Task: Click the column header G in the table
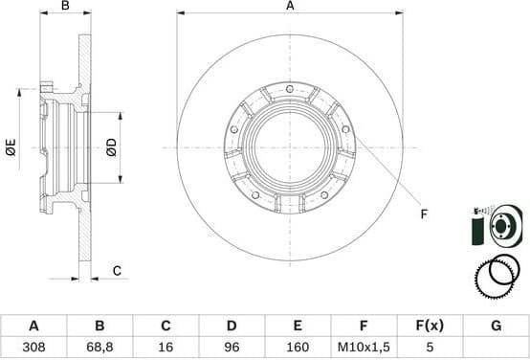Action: point(496,326)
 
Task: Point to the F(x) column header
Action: point(430,326)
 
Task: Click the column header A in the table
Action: point(33,326)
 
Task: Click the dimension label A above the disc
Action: point(290,7)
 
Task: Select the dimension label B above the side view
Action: point(65,7)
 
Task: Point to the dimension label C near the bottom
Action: point(117,271)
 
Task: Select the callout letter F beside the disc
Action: point(423,214)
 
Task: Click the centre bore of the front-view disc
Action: point(290,147)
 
